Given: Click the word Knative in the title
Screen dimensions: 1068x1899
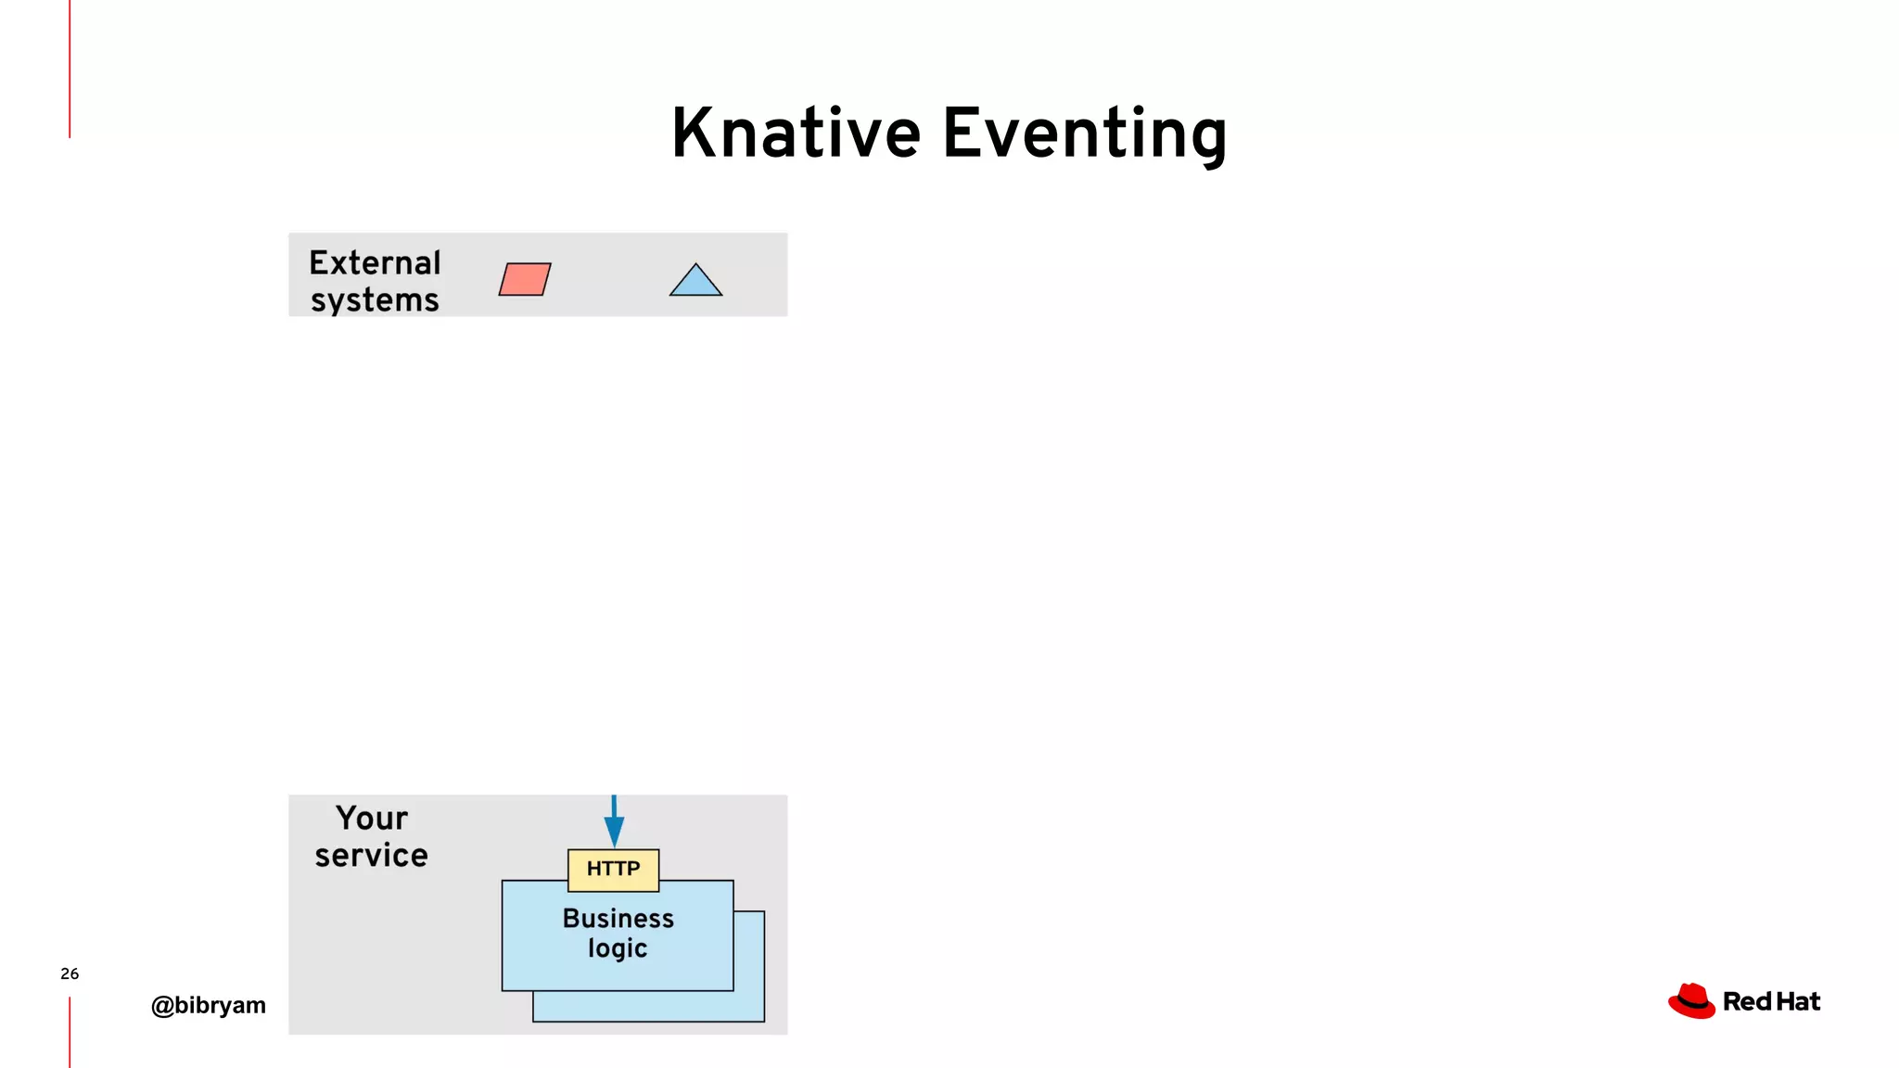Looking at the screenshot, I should [796, 133].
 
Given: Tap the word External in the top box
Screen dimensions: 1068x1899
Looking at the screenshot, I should [375, 263].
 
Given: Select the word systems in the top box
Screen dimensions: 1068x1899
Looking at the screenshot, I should [375, 300].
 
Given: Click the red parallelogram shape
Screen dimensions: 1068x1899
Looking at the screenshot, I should [525, 279].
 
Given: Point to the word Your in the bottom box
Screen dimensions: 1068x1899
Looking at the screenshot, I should [371, 819].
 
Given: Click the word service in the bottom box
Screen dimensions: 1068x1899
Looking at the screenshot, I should [371, 856].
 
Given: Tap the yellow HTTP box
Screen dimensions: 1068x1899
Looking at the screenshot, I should [613, 870].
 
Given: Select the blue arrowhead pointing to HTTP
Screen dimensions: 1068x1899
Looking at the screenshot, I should [614, 831].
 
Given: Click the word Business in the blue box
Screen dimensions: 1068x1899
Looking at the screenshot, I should [618, 919].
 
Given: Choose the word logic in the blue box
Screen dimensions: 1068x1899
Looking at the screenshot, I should [618, 948].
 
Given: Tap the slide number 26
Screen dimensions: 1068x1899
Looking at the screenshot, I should [70, 973].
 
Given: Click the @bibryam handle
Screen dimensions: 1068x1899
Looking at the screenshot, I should [208, 1005].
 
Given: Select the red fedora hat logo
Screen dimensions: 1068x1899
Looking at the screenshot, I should [1691, 1001].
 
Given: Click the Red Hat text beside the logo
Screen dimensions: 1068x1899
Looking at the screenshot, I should [1771, 1002].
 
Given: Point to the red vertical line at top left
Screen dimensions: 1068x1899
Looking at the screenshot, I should [70, 69].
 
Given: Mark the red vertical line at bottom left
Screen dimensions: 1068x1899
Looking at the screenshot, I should [70, 1032].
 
